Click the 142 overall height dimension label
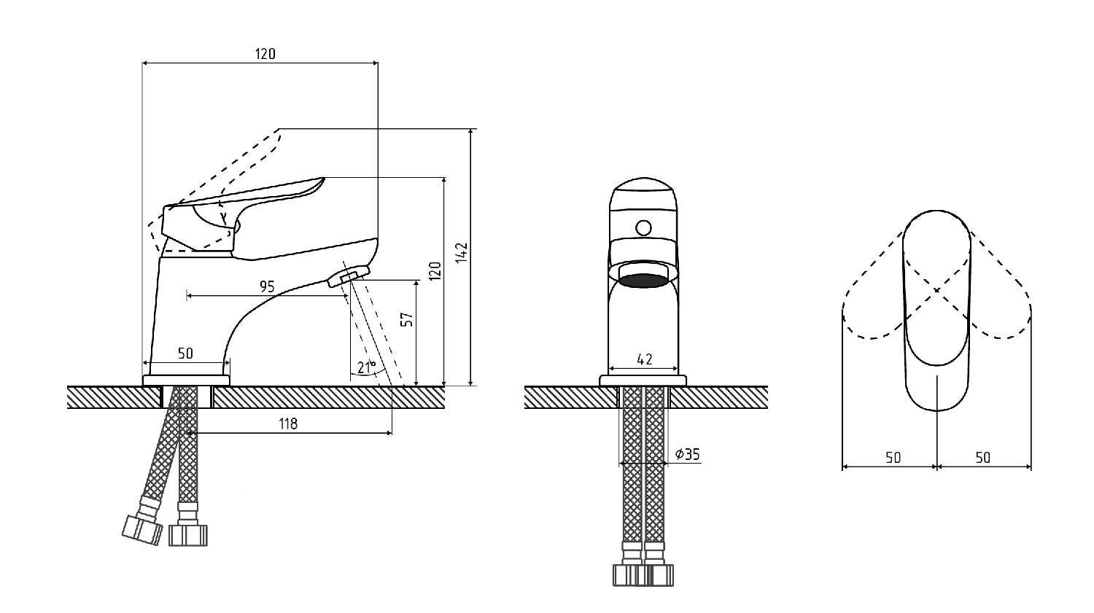tap(462, 252)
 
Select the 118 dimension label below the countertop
tap(288, 423)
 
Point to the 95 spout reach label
tap(267, 286)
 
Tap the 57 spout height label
tap(407, 319)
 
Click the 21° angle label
tap(367, 367)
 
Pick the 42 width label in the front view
tap(645, 359)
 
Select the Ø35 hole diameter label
tap(688, 454)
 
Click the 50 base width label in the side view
tap(185, 354)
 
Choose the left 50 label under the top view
tap(893, 457)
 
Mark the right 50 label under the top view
tap(982, 457)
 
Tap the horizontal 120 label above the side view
tap(265, 54)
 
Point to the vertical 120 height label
tap(435, 271)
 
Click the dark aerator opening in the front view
tap(643, 281)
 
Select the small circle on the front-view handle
tap(643, 228)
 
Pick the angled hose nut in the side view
tap(143, 530)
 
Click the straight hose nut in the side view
tap(188, 535)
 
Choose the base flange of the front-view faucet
tap(643, 380)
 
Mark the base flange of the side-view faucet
tap(185, 380)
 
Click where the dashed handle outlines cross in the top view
tap(936, 290)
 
